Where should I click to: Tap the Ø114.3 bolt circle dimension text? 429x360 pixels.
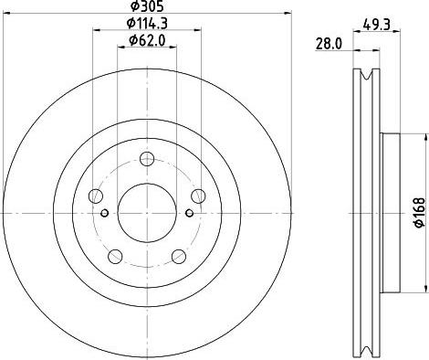(146, 24)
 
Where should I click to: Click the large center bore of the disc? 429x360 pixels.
(146, 212)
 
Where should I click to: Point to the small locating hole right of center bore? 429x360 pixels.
(188, 214)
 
